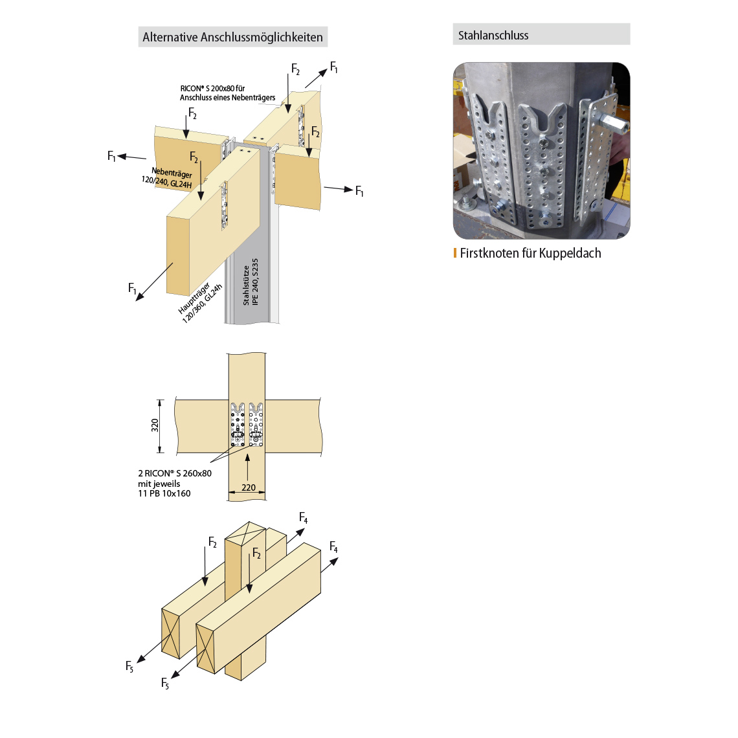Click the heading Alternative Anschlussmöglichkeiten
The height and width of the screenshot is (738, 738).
coord(232,37)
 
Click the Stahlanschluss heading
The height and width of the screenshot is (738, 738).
coord(493,36)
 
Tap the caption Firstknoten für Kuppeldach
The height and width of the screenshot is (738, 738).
coord(530,253)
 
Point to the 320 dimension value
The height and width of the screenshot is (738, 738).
coord(155,425)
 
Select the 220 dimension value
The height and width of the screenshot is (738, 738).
coord(249,487)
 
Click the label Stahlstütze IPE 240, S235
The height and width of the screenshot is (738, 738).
coord(251,282)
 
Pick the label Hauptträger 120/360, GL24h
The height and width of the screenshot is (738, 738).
coord(200,303)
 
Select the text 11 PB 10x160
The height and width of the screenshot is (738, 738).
coord(164,493)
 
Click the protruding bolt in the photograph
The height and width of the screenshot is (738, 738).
coord(612,122)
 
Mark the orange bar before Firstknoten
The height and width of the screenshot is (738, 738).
coord(455,253)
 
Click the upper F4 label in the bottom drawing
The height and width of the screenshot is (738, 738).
coord(304,518)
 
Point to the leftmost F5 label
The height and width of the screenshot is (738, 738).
coord(129,665)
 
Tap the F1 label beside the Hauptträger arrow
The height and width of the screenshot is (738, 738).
coord(133,289)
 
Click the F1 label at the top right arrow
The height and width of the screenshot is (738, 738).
coord(334,67)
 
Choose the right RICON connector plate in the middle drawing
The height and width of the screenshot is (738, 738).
coord(256,425)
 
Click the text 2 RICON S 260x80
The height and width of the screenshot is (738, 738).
coord(175,473)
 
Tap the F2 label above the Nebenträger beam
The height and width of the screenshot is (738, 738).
coord(192,114)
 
